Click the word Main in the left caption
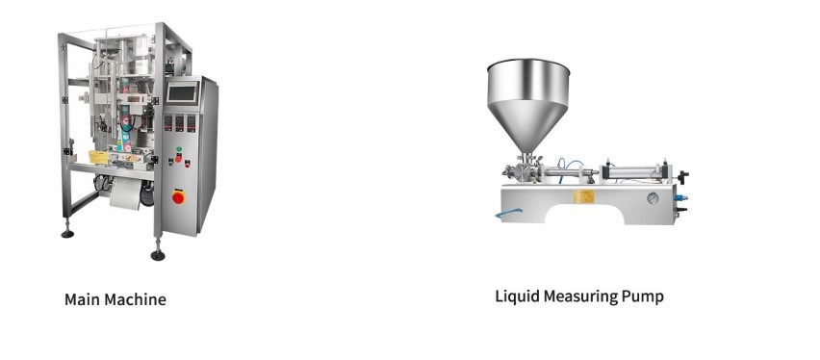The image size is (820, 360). tap(82, 299)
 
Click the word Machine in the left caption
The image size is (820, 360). tap(135, 299)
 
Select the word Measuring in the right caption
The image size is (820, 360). tap(580, 296)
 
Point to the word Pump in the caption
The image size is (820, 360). tap(643, 297)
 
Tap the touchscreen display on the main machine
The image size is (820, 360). tap(183, 93)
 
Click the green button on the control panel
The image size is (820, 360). tap(178, 149)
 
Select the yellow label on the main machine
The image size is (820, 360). tap(98, 157)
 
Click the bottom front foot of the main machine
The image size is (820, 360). tap(158, 254)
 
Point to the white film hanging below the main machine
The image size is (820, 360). tap(126, 193)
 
